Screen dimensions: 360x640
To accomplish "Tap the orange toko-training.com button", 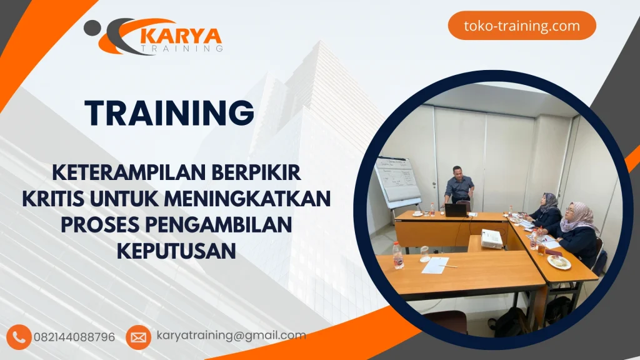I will pos(522,26).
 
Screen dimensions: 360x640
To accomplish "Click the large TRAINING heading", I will pos(169,113).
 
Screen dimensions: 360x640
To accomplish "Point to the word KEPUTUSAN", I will pos(176,251).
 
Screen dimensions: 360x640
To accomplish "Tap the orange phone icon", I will pos(20,337).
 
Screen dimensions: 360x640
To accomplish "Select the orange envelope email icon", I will pos(138,337).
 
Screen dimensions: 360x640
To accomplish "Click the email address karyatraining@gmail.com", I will pos(231,336).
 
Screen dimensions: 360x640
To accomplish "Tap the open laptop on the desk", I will pos(456,210).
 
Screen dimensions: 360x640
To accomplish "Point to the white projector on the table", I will pos(492,239).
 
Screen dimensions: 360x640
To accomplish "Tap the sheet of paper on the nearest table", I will pos(435,265).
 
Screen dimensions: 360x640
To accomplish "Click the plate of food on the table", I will pos(559,262).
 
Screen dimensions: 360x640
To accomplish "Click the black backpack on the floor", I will pos(509,322).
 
